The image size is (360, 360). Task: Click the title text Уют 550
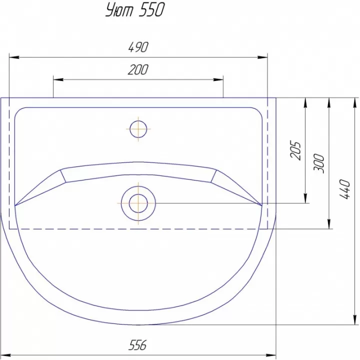pos(135,10)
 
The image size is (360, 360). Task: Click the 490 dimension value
pos(138,47)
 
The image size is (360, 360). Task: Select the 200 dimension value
pos(138,69)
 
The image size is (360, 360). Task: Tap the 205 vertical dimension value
pos(295,150)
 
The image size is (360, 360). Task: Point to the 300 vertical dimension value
pos(319,163)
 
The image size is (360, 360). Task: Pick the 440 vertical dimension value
pos(345,189)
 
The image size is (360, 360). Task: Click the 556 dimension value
pos(137,345)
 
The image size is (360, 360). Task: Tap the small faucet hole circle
pos(138,129)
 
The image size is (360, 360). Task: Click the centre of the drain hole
pos(138,203)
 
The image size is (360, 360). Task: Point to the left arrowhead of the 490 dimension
pos(14,57)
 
